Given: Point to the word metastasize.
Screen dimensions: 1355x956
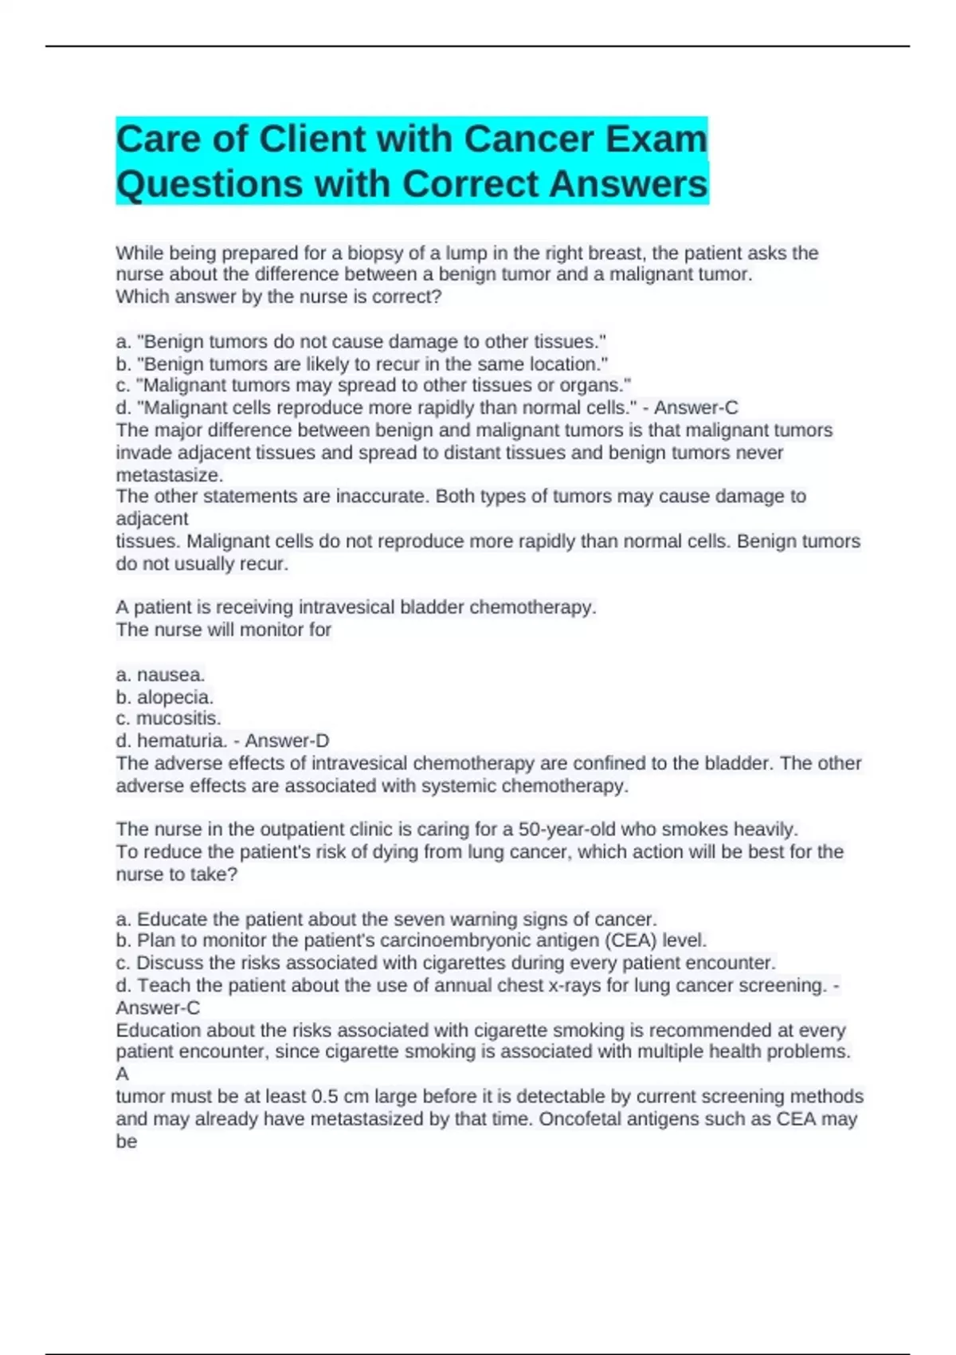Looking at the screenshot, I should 169,475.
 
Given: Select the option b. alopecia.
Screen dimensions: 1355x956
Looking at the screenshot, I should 165,697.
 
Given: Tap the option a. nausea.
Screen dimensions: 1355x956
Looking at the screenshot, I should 161,674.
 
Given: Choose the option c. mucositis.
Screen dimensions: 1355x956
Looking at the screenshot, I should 168,718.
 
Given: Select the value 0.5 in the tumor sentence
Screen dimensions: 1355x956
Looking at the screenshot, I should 324,1097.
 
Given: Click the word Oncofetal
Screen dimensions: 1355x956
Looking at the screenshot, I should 579,1119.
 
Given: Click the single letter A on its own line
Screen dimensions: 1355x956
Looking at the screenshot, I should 123,1074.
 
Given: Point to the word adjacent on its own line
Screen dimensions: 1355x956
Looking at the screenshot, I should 152,519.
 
